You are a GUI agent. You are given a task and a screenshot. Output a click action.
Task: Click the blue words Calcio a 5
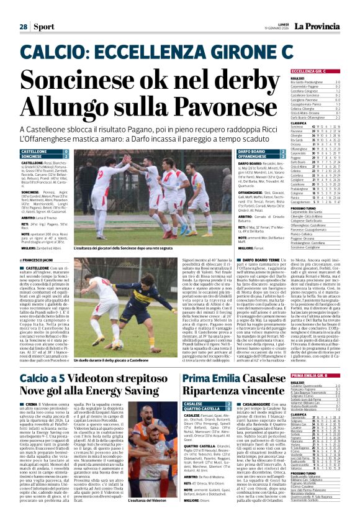tap(45, 362)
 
